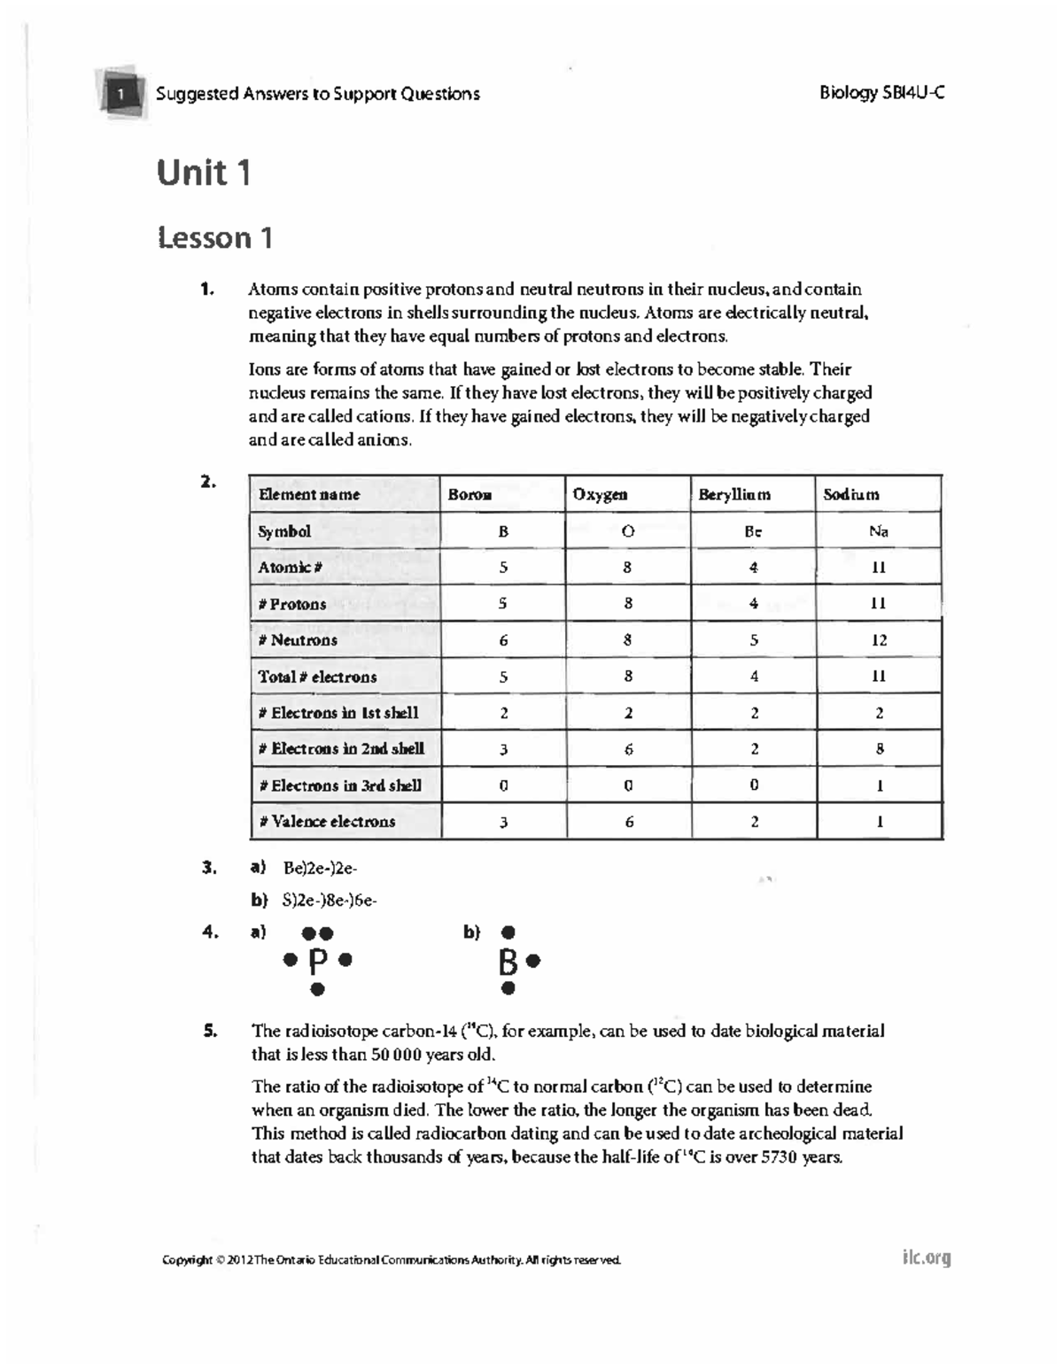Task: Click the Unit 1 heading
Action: coord(204,172)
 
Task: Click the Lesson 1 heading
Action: coord(215,237)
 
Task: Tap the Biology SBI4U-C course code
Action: coord(881,92)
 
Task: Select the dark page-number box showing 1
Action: coord(122,92)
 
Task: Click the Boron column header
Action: coord(469,495)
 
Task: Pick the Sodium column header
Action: coord(850,495)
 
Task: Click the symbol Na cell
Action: coord(878,531)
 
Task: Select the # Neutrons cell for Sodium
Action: coord(878,640)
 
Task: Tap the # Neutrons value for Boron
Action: coord(503,640)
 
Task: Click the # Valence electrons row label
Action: coord(327,822)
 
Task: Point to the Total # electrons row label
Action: coord(317,677)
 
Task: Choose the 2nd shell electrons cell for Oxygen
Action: coord(628,749)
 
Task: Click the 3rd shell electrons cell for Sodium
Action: coord(879,785)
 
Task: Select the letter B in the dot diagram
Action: coord(508,961)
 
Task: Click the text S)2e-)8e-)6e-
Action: coord(330,901)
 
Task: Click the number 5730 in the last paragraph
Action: coord(780,1157)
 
